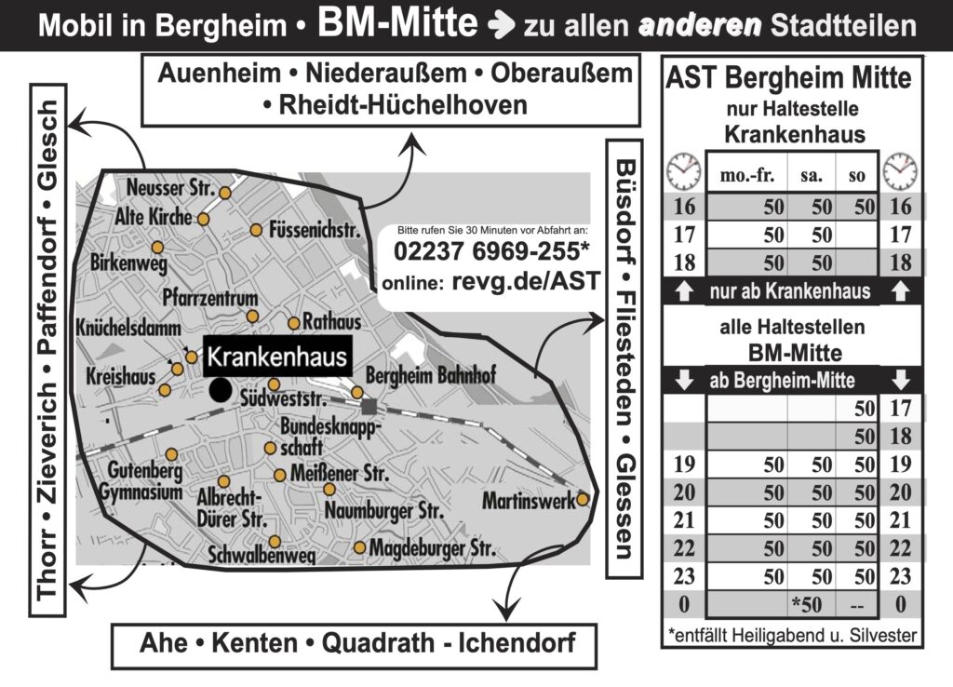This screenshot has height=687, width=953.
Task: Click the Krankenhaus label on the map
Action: (x=277, y=357)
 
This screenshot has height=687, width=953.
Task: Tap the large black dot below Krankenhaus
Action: (x=220, y=390)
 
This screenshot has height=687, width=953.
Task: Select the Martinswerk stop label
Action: (x=527, y=502)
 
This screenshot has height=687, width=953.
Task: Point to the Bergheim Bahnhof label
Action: (x=432, y=376)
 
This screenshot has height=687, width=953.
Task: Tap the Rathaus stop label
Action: (x=332, y=323)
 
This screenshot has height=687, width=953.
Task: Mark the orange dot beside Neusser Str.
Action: (x=224, y=193)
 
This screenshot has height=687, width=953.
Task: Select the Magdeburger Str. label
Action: (x=431, y=550)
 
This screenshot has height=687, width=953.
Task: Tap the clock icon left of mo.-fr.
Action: (x=683, y=172)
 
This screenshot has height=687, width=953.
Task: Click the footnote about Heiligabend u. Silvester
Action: (x=792, y=636)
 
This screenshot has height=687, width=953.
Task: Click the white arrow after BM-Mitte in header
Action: (x=499, y=25)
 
